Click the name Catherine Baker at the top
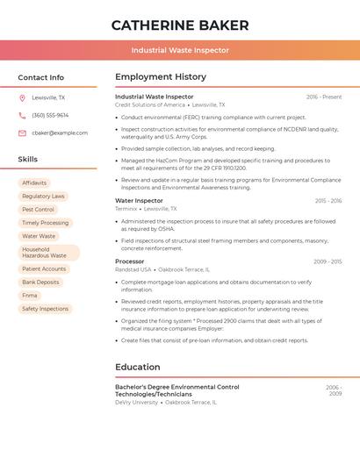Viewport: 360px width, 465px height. click(180, 25)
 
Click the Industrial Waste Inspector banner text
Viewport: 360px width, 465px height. click(180, 50)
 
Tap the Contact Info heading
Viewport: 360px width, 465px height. click(41, 77)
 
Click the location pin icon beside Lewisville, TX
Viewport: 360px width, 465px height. click(22, 98)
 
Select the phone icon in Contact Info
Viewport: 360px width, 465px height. click(22, 116)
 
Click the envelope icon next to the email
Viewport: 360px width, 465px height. click(22, 133)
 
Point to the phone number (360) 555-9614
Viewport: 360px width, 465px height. click(50, 116)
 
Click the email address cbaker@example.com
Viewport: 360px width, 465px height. click(60, 133)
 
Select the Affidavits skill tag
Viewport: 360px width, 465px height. click(34, 183)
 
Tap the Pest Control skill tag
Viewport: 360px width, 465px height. click(38, 210)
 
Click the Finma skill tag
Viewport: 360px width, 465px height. click(30, 296)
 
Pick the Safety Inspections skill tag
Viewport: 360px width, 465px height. click(45, 309)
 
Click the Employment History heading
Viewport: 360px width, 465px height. click(161, 77)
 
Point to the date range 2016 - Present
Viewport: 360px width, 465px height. click(324, 97)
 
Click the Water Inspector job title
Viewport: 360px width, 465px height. click(139, 201)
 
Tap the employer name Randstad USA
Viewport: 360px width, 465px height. click(133, 269)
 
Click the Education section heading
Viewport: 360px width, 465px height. click(138, 367)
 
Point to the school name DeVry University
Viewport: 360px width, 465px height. click(136, 402)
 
